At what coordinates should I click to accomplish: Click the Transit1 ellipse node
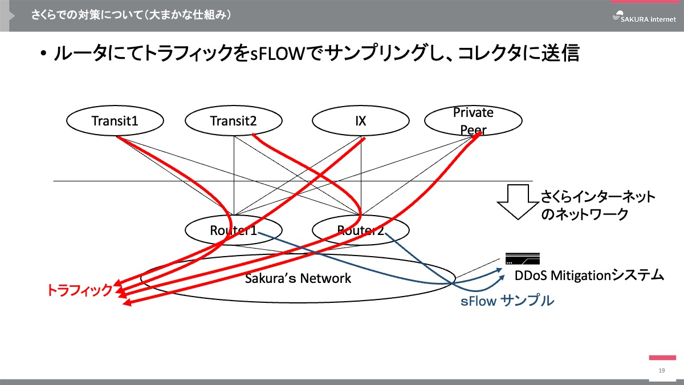point(115,121)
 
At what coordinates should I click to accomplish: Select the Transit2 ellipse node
point(234,121)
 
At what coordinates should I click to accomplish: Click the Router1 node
point(234,230)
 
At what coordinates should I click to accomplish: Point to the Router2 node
point(360,230)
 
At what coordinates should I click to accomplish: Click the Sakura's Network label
point(298,278)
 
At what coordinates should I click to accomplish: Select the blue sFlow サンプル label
point(507,301)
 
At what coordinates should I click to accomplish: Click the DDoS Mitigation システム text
point(589,276)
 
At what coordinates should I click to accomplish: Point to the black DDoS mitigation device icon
point(522,258)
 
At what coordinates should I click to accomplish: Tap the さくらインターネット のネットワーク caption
point(598,206)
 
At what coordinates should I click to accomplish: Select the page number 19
point(662,371)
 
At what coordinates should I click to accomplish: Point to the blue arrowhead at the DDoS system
point(502,275)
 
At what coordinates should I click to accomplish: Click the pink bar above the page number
point(662,358)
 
